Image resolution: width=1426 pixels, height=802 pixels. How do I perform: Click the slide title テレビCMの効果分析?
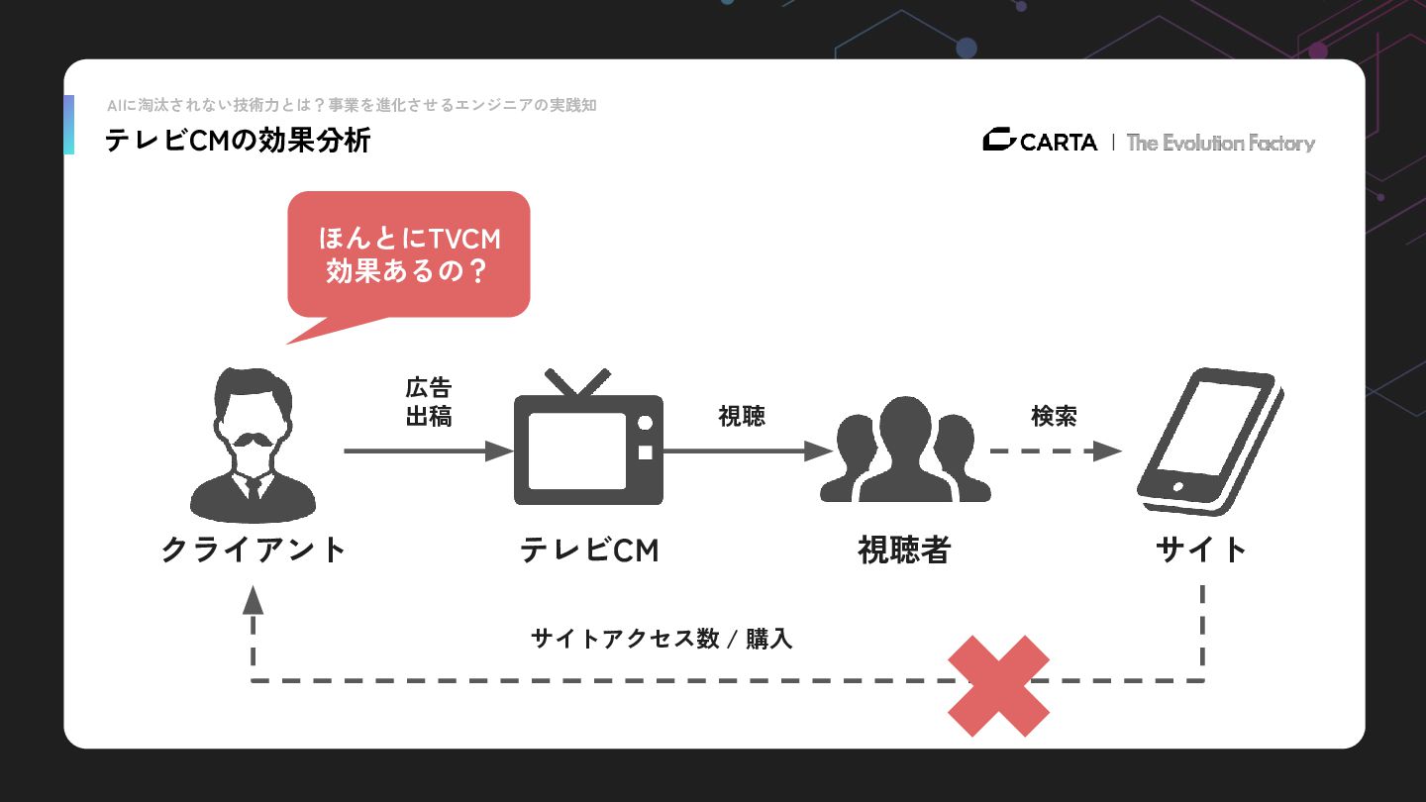click(x=238, y=141)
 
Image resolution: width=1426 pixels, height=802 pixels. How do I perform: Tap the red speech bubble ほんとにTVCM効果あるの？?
click(x=408, y=254)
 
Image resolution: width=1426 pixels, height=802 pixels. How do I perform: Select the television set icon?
click(x=588, y=440)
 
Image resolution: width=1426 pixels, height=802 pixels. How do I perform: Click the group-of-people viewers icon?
click(x=905, y=450)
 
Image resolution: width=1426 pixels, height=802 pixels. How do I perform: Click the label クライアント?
click(x=254, y=550)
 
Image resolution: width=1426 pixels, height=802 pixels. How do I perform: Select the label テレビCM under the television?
click(x=589, y=550)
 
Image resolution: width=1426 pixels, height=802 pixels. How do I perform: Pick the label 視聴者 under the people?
click(x=904, y=550)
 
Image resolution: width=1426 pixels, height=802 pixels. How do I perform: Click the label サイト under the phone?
click(x=1201, y=550)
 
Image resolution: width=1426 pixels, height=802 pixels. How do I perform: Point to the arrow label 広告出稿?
click(x=429, y=402)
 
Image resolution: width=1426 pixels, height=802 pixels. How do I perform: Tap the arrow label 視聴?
click(x=742, y=416)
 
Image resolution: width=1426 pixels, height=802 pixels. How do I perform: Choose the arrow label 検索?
click(x=1054, y=416)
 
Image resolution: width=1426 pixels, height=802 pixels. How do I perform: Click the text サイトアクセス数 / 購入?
click(x=662, y=639)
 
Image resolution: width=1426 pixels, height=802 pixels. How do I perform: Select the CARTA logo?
click(x=1040, y=142)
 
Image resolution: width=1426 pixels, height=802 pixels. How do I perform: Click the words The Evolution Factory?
click(x=1220, y=143)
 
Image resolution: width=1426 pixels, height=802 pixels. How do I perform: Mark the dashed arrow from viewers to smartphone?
click(x=1055, y=451)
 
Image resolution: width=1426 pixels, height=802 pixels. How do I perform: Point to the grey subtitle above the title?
click(x=352, y=105)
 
